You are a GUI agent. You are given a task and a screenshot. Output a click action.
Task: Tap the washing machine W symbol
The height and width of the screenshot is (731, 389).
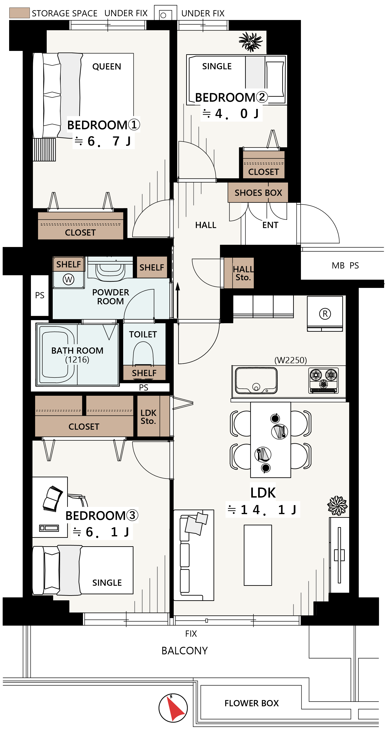[69, 279]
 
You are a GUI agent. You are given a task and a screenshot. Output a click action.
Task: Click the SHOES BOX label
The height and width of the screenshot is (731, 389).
[258, 193]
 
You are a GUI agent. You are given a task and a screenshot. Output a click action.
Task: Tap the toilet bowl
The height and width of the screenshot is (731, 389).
[143, 353]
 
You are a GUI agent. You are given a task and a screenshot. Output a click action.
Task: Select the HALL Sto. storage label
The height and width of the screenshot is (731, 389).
[243, 273]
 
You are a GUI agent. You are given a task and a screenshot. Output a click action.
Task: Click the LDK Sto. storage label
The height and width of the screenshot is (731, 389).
[148, 417]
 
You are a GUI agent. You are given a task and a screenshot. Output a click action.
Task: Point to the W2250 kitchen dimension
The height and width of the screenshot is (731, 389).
[290, 360]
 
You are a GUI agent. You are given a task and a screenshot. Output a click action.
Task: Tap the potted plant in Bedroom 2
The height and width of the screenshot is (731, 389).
[250, 42]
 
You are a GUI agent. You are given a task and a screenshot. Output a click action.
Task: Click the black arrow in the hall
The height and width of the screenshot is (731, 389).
[178, 300]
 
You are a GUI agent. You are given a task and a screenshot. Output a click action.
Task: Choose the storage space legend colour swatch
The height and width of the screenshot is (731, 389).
[19, 13]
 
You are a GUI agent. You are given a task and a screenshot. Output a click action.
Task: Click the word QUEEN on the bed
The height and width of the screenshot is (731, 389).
[107, 66]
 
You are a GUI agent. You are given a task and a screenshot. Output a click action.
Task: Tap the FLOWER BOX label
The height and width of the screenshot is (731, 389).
[252, 703]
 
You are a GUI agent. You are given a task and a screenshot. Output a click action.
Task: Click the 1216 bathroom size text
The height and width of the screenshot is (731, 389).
[77, 360]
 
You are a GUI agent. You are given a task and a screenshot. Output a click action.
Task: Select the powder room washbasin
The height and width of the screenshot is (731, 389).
[110, 269]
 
